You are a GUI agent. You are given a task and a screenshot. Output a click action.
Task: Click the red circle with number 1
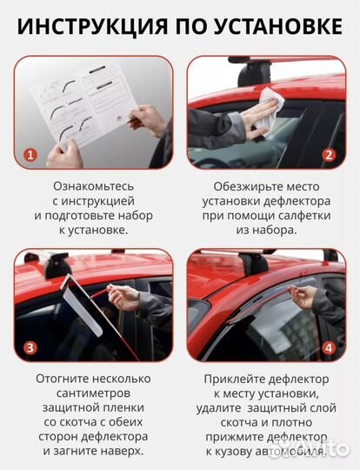(x=30, y=155)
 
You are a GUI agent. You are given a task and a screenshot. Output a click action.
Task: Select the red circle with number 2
(x=329, y=155)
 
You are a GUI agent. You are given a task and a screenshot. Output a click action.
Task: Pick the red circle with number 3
(x=30, y=349)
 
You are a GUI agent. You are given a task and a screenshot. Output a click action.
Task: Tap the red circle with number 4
(x=329, y=349)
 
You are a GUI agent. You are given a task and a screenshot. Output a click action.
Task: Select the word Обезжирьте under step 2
(x=237, y=186)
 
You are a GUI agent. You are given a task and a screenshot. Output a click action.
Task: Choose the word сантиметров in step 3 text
(x=93, y=393)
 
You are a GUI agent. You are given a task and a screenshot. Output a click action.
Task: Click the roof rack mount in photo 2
(x=252, y=75)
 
